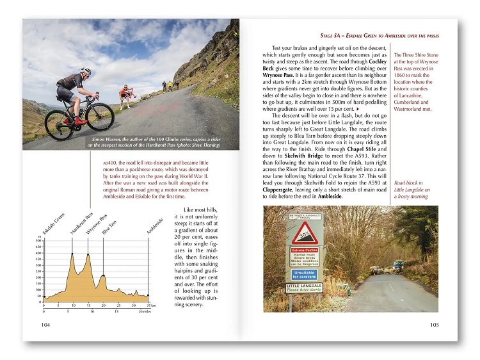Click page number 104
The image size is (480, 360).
[45, 325]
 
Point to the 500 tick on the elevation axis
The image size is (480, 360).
[38, 241]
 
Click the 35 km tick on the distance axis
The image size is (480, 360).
[148, 306]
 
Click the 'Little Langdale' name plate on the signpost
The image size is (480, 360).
[305, 288]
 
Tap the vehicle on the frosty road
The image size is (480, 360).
[399, 265]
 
